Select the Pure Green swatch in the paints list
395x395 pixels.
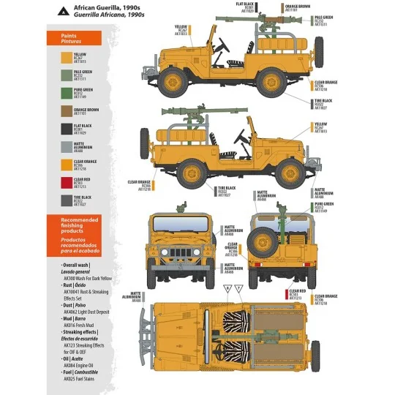pyautogui.click(x=57, y=94)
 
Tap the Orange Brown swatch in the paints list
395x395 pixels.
pyautogui.click(x=57, y=111)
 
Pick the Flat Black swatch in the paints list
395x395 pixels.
pyautogui.click(x=57, y=129)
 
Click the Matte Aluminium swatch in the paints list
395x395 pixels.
pyautogui.click(x=57, y=147)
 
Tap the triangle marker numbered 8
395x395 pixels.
pyautogui.click(x=227, y=290)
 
